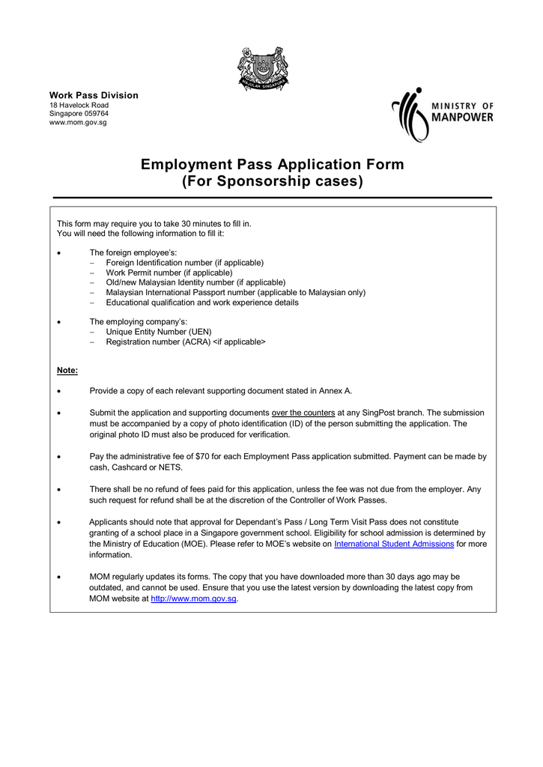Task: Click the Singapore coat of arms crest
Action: (x=263, y=68)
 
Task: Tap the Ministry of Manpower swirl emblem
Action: (x=410, y=115)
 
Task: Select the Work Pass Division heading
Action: (x=94, y=95)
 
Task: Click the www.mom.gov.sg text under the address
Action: (x=78, y=122)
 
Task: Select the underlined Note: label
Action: (x=67, y=371)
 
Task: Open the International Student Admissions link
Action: (x=394, y=544)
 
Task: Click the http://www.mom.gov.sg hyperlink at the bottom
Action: (x=194, y=598)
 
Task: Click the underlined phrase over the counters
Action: (x=303, y=413)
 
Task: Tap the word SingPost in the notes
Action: (x=385, y=413)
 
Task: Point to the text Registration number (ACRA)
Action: (x=158, y=342)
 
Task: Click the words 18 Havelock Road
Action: (x=79, y=106)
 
